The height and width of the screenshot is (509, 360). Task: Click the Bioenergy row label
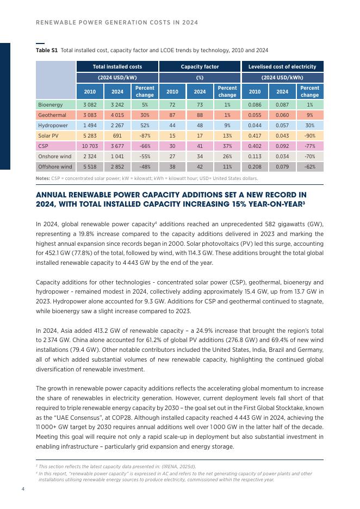(49, 104)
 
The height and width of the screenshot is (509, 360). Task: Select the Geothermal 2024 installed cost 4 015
(117, 115)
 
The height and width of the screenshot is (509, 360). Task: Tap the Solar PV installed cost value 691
(117, 135)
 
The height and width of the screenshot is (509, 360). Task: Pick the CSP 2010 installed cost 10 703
(90, 146)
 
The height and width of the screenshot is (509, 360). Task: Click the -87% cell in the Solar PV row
(145, 135)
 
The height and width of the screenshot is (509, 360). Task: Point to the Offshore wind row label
(55, 167)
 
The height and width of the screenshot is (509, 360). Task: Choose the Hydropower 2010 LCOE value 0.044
(255, 125)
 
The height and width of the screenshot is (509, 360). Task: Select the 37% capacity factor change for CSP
(227, 146)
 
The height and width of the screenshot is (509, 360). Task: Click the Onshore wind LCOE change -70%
(309, 157)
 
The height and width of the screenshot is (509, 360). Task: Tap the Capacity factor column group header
(200, 66)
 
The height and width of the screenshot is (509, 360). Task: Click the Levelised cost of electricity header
(282, 66)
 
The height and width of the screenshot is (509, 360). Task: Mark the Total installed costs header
(117, 66)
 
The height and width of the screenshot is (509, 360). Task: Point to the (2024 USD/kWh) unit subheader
(282, 77)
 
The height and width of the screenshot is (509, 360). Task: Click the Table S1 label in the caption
(47, 51)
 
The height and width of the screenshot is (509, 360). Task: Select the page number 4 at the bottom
(23, 489)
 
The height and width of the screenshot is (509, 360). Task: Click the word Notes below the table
(42, 178)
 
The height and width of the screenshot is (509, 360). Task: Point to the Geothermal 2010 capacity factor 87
(172, 115)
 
